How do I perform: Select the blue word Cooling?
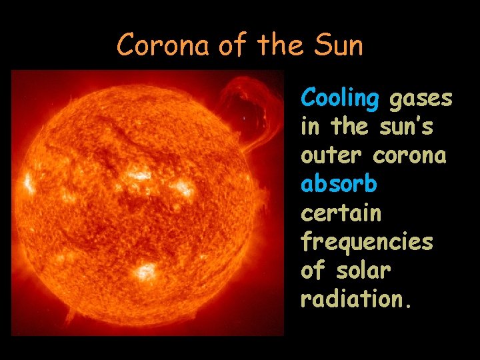[x=339, y=99]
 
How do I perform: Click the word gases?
[x=420, y=99]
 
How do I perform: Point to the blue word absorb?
[x=339, y=183]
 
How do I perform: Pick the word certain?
[x=341, y=213]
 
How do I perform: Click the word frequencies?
[x=367, y=242]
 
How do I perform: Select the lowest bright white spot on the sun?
[x=144, y=271]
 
